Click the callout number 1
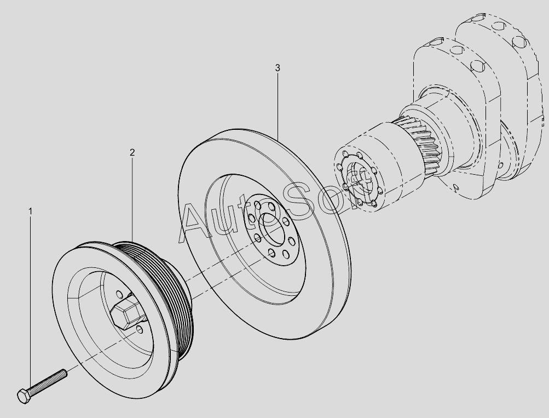click(31, 211)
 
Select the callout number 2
click(132, 152)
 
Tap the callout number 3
click(278, 67)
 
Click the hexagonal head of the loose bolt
click(24, 396)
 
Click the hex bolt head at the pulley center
click(126, 312)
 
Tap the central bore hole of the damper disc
click(271, 228)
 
